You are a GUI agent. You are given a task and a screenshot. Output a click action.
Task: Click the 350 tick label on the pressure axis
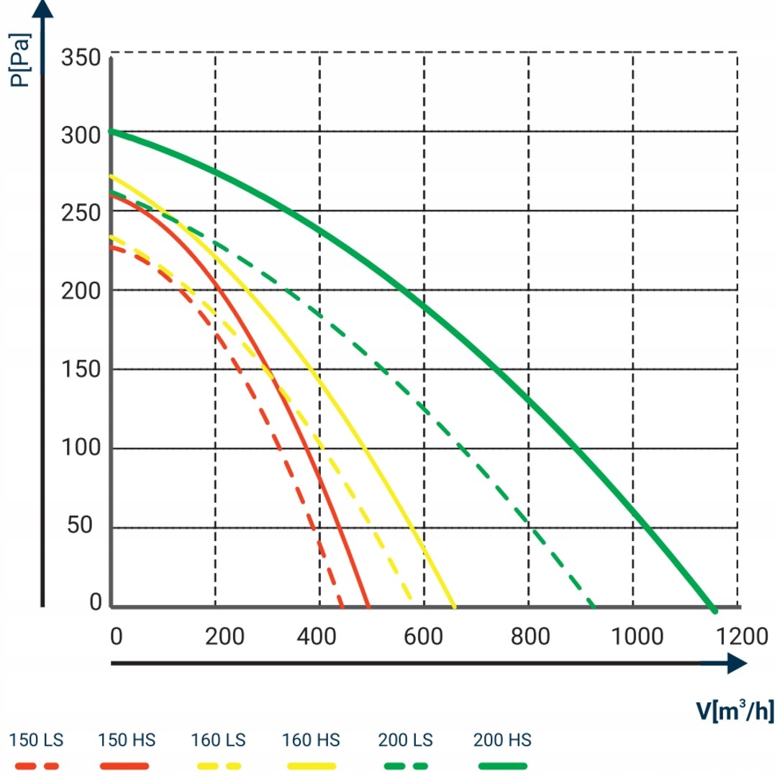point(80,57)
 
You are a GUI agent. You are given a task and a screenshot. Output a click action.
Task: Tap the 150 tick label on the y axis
point(80,370)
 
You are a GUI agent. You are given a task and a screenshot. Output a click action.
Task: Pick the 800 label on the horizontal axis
point(530,637)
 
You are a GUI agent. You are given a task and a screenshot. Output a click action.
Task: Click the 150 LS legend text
point(36,740)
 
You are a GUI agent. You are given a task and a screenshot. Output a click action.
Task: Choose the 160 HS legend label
point(312,740)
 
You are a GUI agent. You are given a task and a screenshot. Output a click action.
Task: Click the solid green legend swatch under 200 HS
point(501,765)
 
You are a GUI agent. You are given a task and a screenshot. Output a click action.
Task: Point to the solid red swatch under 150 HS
point(125,765)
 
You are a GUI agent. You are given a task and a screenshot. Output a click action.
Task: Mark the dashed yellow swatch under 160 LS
point(218,765)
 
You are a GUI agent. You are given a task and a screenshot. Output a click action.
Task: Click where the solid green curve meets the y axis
point(111,131)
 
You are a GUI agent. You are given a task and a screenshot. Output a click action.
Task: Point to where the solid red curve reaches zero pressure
point(368,606)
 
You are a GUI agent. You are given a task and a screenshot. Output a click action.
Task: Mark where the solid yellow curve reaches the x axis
point(454,606)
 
